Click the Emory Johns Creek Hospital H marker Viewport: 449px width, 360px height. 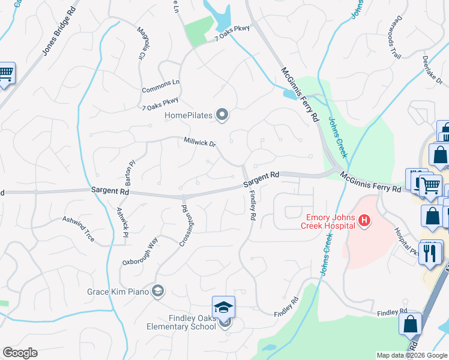point(364,222)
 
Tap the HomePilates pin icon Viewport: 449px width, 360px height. point(222,114)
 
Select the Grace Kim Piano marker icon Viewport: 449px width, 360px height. point(158,292)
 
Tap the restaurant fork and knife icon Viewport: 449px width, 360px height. point(429,252)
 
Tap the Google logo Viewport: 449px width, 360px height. point(20,353)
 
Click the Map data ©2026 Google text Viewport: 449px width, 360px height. point(411,355)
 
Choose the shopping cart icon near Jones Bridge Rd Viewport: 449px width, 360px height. point(5,73)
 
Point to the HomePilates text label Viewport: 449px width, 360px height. point(189,114)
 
